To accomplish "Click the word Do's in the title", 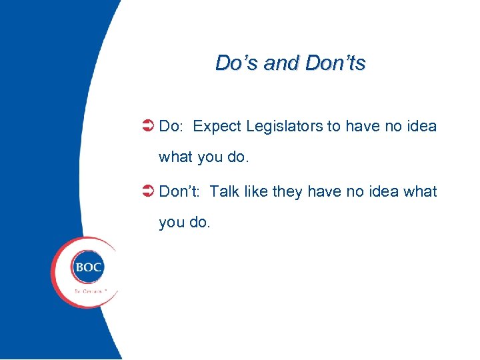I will (x=237, y=63).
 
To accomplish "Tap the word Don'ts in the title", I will (x=335, y=63).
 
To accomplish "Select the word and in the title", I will (x=281, y=63).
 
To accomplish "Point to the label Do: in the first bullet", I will (x=173, y=126).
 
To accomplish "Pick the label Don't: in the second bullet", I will (x=179, y=192).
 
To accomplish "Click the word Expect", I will (x=217, y=126).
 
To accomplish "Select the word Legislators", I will (x=285, y=126).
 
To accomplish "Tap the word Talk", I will (x=224, y=192).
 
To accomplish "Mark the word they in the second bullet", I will (x=287, y=192).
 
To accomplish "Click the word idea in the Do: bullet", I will (x=421, y=126).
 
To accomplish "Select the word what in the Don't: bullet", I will (x=421, y=192).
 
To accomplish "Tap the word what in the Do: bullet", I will (x=175, y=158).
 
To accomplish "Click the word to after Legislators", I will (x=334, y=126).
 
